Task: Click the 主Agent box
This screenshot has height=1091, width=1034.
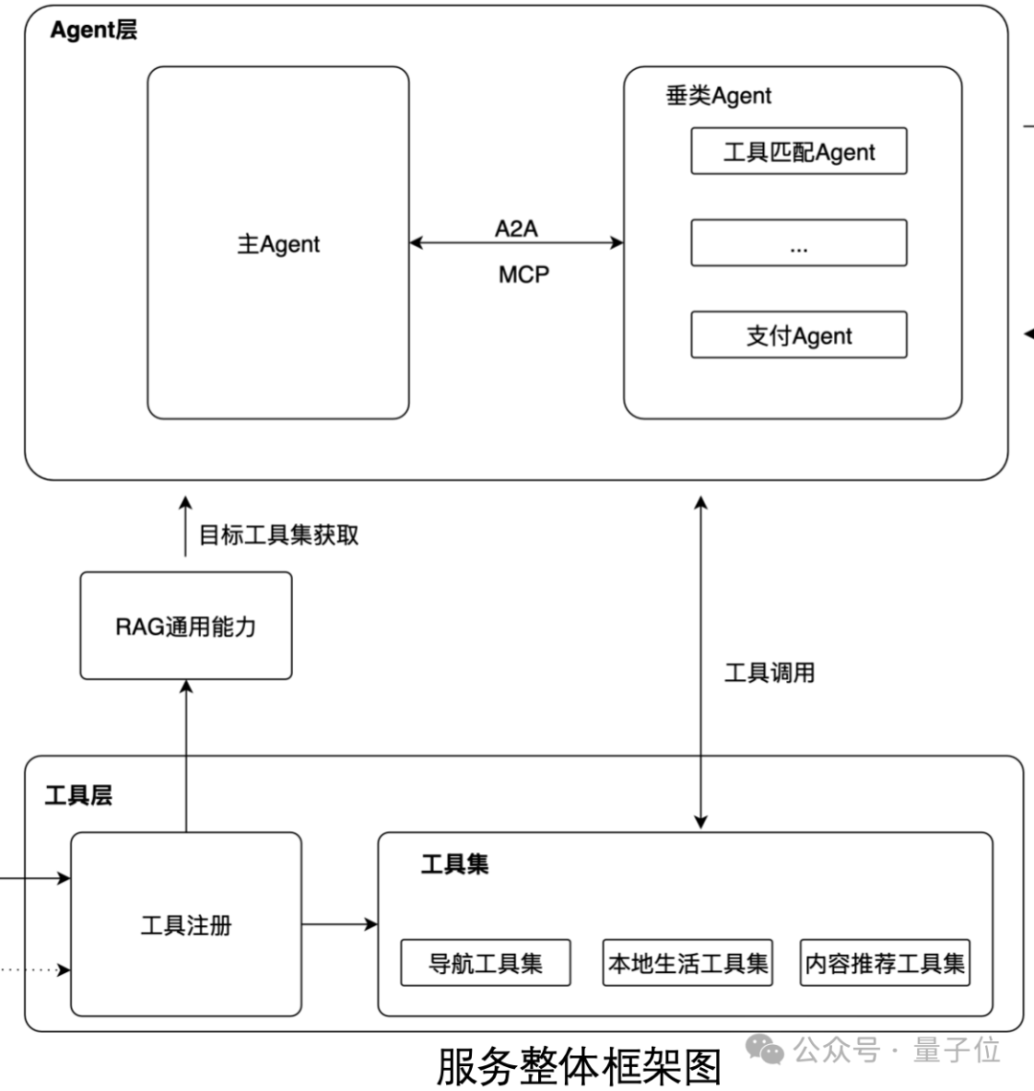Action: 278,243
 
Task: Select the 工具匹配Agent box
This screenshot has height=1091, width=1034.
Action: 798,151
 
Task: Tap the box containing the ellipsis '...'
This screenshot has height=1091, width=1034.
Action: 798,243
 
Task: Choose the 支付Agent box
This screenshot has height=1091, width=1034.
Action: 798,335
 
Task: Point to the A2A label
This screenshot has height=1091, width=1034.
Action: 516,228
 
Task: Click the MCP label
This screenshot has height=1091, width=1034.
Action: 524,275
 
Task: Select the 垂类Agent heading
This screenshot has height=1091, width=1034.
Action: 718,96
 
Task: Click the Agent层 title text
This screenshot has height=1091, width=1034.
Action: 93,31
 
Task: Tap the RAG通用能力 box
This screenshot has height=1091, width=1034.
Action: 186,626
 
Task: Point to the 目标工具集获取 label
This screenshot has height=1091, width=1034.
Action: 279,534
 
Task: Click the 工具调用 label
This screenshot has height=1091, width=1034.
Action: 769,672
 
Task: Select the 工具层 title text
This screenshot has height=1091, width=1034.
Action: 79,795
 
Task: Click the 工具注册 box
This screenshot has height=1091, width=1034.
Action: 186,925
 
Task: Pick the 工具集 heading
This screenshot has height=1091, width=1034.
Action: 455,864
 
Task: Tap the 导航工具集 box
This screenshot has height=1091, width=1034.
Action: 485,963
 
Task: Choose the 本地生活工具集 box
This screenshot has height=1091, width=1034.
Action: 688,963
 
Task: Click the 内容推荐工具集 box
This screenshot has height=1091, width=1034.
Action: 885,963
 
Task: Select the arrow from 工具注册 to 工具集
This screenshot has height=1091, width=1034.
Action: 340,924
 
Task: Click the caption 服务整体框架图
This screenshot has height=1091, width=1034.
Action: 578,1066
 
